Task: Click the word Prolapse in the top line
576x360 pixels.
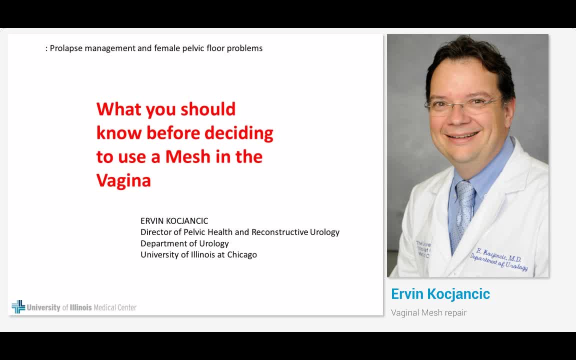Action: pyautogui.click(x=66, y=48)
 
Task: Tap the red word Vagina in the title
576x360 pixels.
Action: pyautogui.click(x=123, y=180)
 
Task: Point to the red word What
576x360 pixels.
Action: pyautogui.click(x=117, y=109)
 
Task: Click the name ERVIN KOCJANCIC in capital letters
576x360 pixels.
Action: pyautogui.click(x=174, y=220)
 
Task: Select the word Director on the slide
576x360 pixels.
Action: pyautogui.click(x=156, y=232)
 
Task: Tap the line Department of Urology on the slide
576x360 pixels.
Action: pyautogui.click(x=184, y=243)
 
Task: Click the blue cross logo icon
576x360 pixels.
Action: pyautogui.click(x=18, y=306)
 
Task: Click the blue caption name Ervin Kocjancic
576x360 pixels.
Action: pyautogui.click(x=440, y=294)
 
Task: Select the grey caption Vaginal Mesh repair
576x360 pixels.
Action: pyautogui.click(x=428, y=312)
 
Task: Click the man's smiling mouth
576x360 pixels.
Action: pyautogui.click(x=462, y=135)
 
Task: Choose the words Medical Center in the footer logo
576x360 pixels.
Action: pyautogui.click(x=115, y=307)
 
